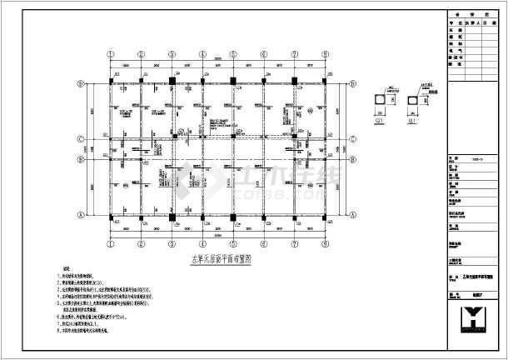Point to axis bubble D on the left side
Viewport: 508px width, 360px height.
pyautogui.click(x=81, y=82)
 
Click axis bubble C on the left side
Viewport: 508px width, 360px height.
pyautogui.click(x=81, y=139)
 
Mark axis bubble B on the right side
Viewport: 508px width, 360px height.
pyautogui.click(x=346, y=157)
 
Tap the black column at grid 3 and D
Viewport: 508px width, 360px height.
pyautogui.click(x=172, y=82)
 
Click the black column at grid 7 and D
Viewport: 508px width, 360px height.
pyautogui.click(x=296, y=82)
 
